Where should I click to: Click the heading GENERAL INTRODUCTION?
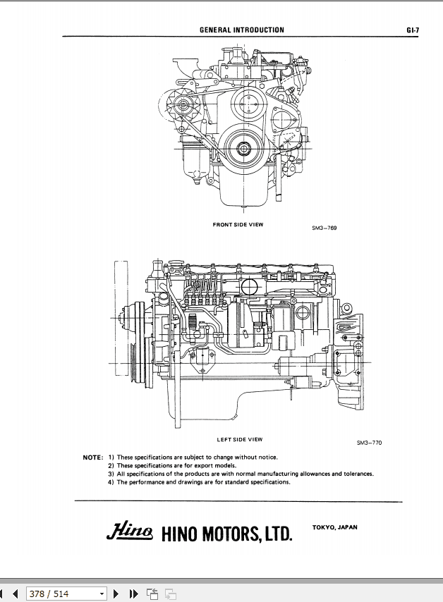(242, 30)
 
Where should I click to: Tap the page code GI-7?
(413, 30)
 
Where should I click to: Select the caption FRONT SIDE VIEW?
(238, 225)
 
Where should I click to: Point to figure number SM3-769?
(324, 228)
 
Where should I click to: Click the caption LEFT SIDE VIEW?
(239, 439)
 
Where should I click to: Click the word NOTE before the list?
(93, 457)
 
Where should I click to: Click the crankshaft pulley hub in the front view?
(244, 148)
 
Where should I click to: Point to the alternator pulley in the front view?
(183, 106)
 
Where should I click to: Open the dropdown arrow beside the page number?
(102, 594)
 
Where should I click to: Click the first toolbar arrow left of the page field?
(4, 594)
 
